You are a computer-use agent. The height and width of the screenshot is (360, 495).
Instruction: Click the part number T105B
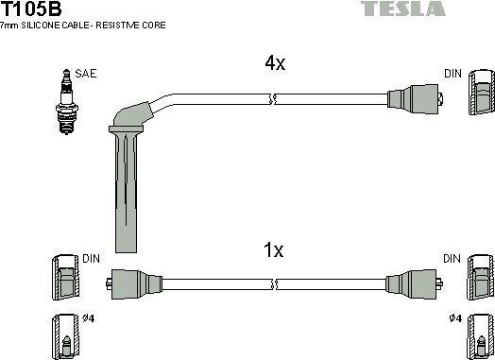(x=32, y=9)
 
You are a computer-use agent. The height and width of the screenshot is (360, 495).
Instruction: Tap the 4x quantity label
(x=274, y=64)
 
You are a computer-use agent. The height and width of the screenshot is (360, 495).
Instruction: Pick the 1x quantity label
(x=273, y=250)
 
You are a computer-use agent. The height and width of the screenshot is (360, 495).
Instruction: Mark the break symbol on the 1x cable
(x=273, y=281)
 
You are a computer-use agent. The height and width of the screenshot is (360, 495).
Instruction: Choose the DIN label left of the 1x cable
(x=92, y=258)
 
